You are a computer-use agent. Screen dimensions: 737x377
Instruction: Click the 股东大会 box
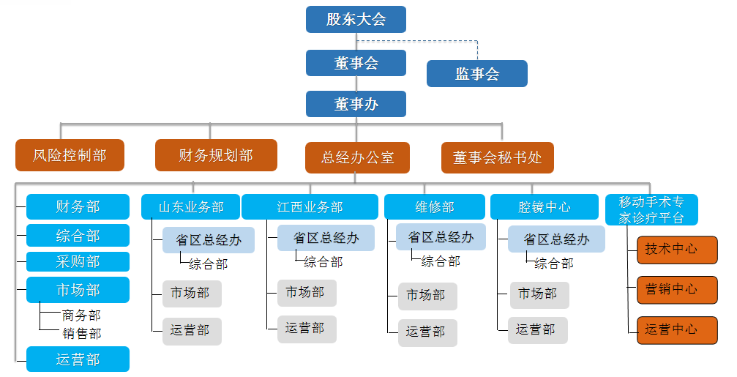(x=356, y=19)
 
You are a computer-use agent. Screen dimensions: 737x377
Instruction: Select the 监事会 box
(x=477, y=73)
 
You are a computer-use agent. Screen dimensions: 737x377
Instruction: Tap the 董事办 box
(x=356, y=104)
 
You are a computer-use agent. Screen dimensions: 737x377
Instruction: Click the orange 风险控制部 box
(x=70, y=155)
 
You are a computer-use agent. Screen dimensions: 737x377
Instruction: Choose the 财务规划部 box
(x=216, y=155)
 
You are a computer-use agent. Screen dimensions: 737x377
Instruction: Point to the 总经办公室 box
(x=358, y=157)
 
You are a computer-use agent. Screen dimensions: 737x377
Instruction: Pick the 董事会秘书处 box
(x=498, y=157)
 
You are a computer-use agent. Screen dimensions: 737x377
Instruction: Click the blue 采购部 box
(x=78, y=261)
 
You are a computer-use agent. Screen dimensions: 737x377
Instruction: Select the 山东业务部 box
(x=191, y=207)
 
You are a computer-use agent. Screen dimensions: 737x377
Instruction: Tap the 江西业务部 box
(x=310, y=207)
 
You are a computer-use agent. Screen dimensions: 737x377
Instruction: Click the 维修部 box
(x=435, y=207)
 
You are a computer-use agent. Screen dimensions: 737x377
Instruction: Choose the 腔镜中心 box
(x=545, y=207)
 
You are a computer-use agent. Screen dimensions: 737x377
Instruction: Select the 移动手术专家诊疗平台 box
(x=651, y=209)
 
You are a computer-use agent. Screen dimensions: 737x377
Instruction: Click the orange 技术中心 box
(x=677, y=250)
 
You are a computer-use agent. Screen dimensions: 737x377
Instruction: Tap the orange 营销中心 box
(x=677, y=290)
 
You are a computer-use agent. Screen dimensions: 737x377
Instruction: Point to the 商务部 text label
(x=81, y=315)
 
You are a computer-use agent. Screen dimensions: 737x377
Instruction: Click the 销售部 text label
(x=82, y=333)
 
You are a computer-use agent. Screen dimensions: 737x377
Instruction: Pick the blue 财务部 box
(x=78, y=207)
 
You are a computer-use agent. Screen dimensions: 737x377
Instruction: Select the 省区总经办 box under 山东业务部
(x=209, y=240)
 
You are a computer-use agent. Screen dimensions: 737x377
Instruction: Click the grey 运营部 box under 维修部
(x=427, y=333)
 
